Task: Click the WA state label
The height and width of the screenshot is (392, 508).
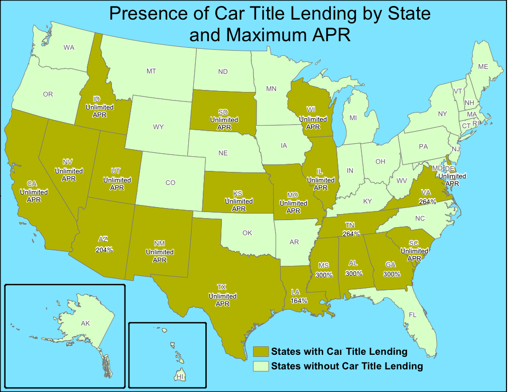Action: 69,48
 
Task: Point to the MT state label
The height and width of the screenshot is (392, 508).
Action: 151,71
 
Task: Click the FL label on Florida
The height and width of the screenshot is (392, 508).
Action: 413,315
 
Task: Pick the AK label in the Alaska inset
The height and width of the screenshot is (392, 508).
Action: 85,324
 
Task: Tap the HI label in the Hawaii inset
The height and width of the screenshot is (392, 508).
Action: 180,375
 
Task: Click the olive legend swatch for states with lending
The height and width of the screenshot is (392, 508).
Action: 261,351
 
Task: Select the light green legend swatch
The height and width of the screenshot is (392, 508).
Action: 261,366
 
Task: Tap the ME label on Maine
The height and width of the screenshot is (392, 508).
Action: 483,66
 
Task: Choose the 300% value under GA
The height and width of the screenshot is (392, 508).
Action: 392,274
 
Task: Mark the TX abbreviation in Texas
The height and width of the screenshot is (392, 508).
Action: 222,287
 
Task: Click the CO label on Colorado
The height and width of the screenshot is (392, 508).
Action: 170,182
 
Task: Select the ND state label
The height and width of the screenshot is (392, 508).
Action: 223,72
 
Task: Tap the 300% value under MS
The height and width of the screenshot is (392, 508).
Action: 324,275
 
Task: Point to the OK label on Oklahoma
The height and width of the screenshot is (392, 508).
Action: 247,233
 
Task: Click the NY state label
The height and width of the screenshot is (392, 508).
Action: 442,114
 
